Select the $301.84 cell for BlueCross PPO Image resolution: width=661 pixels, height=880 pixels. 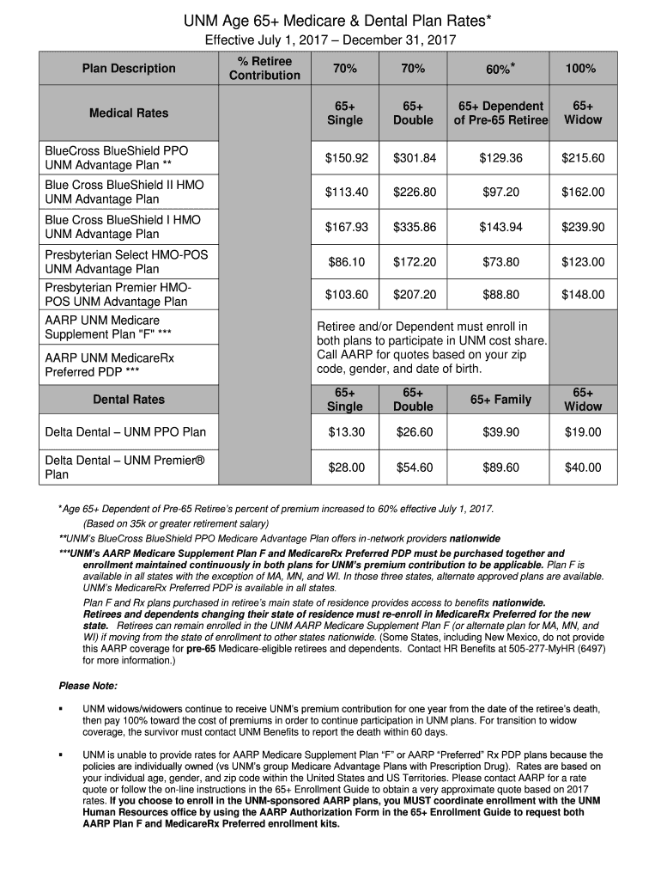tap(414, 158)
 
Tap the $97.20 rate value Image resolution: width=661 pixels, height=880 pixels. tap(501, 192)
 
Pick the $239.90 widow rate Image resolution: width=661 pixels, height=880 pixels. tap(583, 227)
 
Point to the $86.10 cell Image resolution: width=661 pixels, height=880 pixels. tap(346, 261)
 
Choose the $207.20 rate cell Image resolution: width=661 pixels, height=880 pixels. tap(414, 295)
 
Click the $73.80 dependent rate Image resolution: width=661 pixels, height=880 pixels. tap(501, 261)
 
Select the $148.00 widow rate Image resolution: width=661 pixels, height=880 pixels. tap(583, 295)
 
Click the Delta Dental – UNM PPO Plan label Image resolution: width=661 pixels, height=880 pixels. tap(125, 432)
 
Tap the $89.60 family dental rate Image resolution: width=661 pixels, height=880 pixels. tap(501, 467)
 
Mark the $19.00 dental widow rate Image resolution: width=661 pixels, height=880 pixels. tap(583, 432)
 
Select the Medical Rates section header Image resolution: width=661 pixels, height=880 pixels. tap(129, 113)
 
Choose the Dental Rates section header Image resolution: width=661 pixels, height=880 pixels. tap(129, 399)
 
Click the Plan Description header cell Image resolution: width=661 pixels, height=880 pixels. tap(129, 69)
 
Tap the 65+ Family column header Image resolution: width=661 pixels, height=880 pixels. tap(501, 399)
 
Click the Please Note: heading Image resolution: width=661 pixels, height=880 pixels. tap(88, 686)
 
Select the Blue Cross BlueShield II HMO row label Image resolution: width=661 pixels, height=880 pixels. tap(124, 192)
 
